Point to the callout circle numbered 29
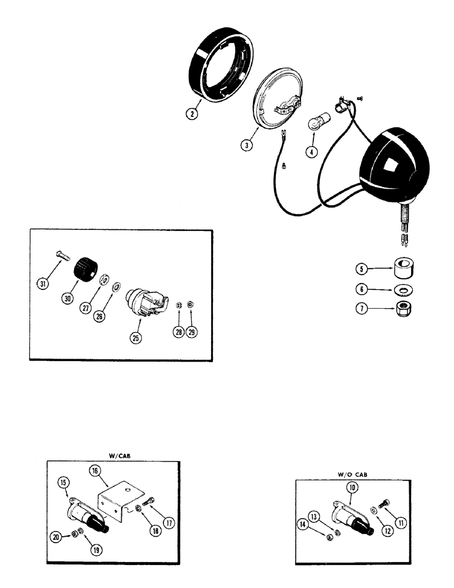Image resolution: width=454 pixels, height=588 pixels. coord(192,331)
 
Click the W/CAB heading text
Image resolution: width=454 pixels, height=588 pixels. coord(119,455)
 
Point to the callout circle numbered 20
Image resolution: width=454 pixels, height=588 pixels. coord(55,537)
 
